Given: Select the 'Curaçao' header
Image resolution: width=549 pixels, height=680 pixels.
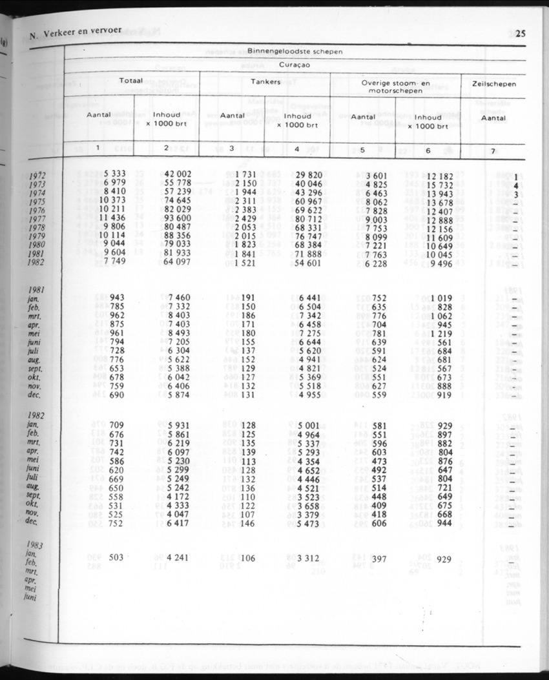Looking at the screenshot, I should pyautogui.click(x=295, y=65).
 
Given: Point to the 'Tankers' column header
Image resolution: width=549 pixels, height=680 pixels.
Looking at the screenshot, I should pyautogui.click(x=265, y=82).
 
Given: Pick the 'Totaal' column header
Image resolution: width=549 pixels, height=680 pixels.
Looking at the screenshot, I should pyautogui.click(x=132, y=81).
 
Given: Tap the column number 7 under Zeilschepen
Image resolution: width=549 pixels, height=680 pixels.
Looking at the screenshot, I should pyautogui.click(x=493, y=150).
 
